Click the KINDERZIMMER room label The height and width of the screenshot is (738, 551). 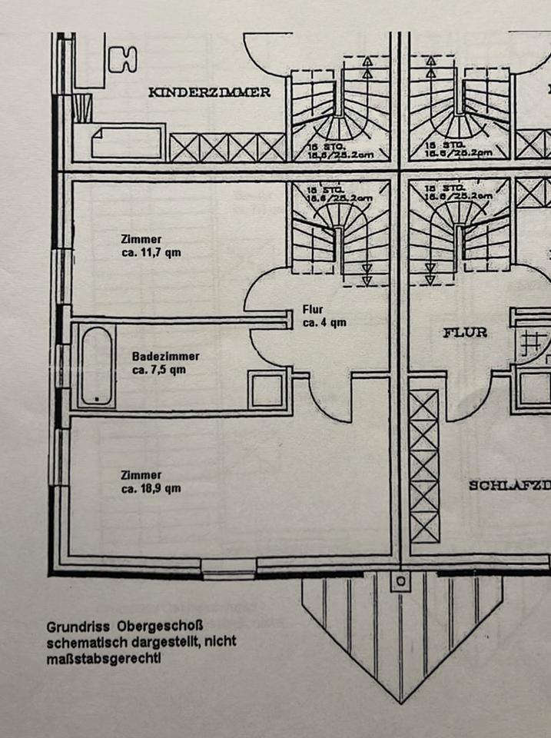point(209,92)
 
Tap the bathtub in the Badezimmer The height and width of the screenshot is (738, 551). point(97,367)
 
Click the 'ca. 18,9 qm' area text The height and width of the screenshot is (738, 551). point(151,489)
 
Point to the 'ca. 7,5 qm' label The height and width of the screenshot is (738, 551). point(159,370)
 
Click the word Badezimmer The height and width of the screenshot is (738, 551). point(165,357)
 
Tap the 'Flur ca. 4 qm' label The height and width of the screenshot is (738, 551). point(324,317)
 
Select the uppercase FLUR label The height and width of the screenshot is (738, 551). point(465,333)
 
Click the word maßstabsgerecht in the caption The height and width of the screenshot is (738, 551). point(103,659)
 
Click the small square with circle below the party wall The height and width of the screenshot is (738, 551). point(400,581)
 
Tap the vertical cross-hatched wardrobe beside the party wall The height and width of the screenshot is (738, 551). point(423,466)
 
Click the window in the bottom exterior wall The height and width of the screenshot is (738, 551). point(229,570)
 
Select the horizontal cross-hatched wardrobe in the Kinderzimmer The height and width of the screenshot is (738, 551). point(227,147)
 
